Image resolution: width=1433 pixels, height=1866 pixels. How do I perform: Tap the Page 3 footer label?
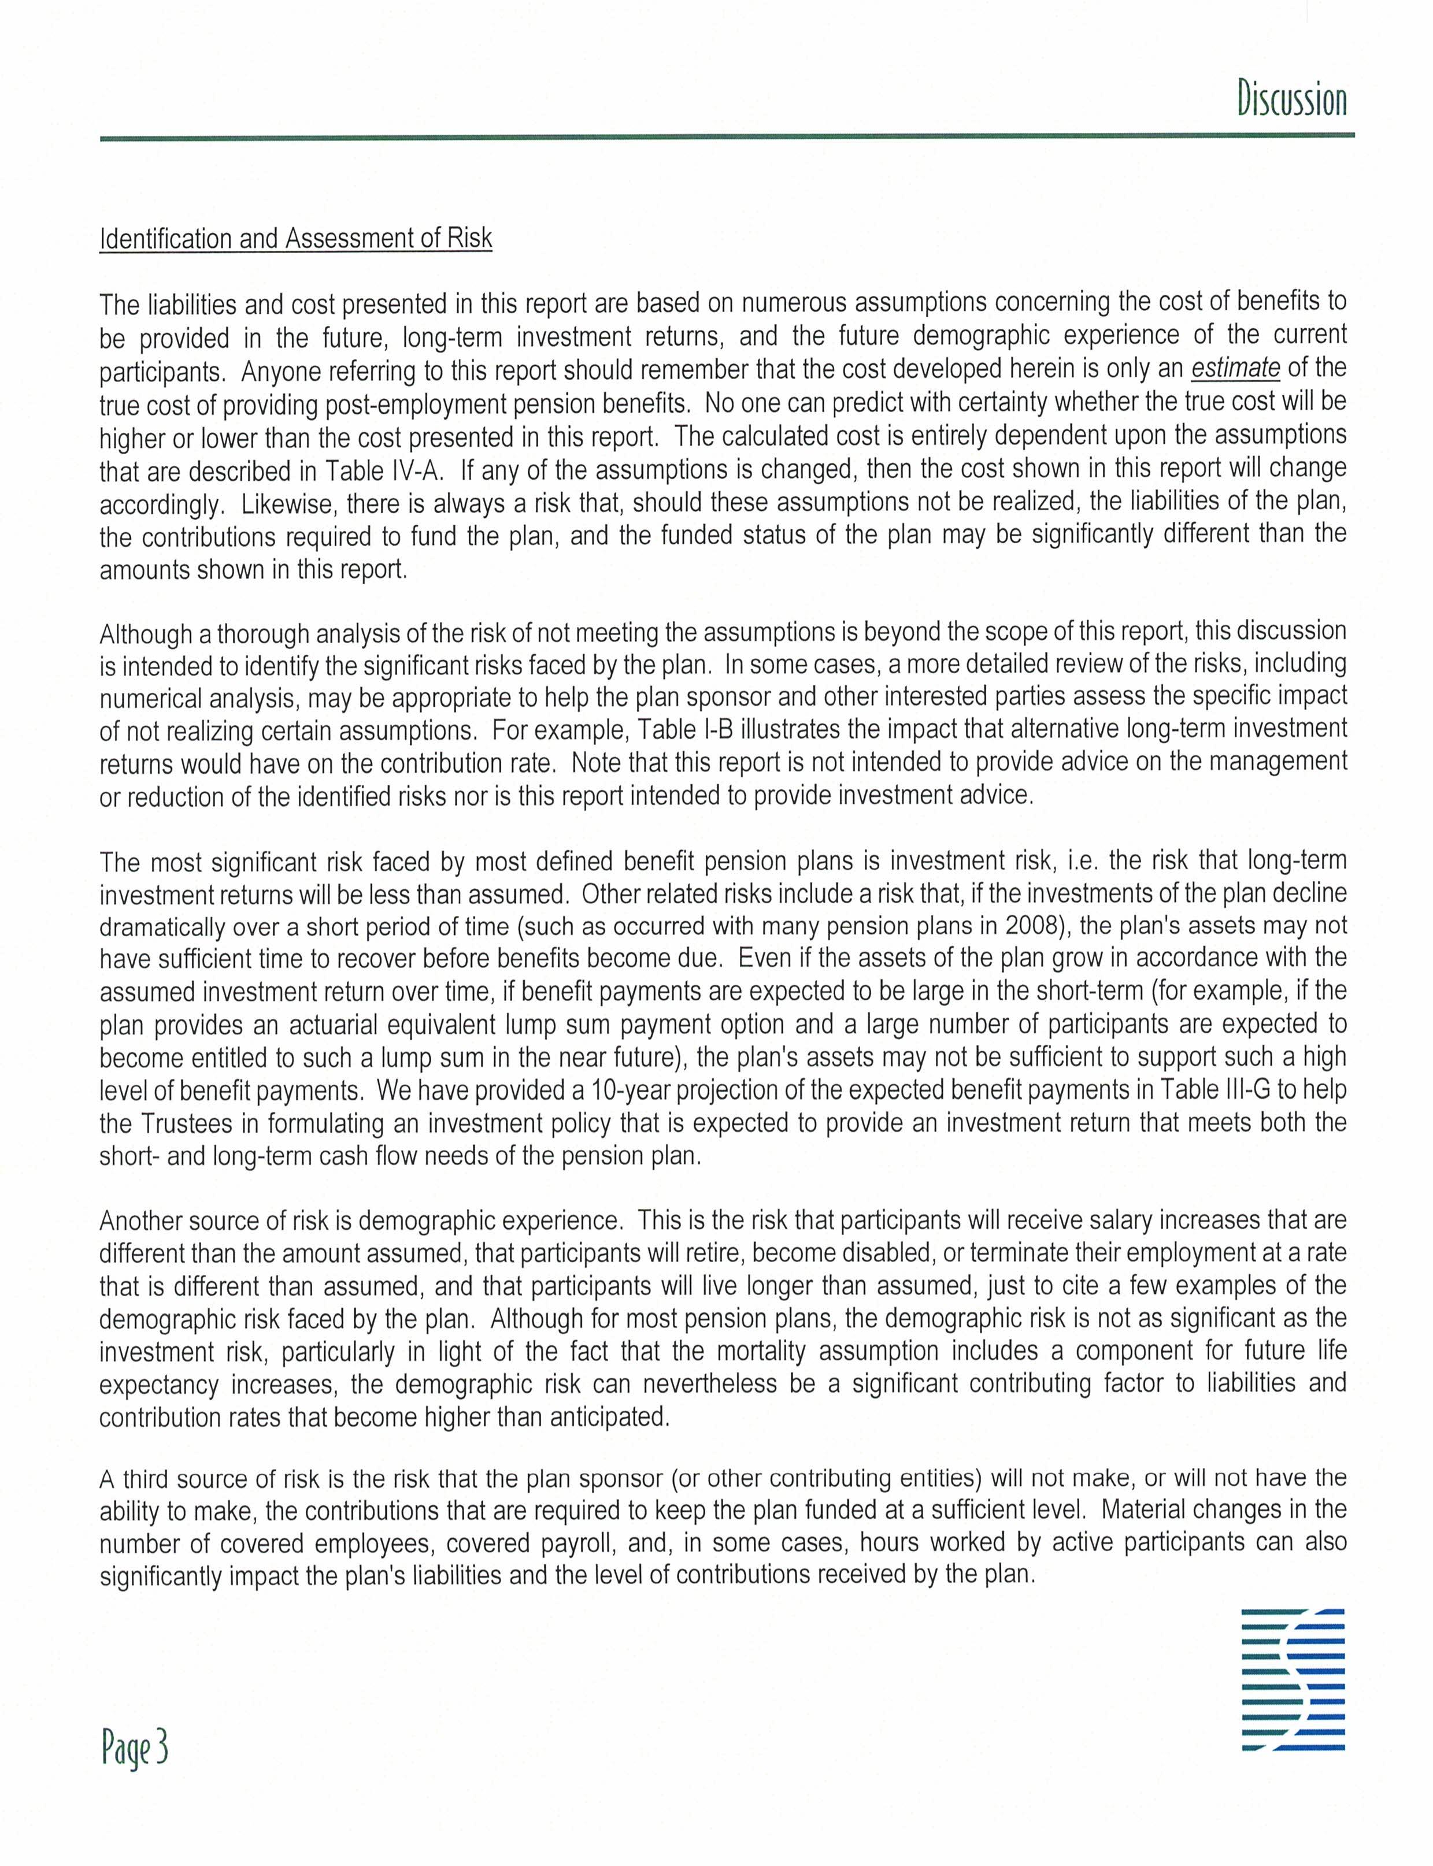pos(135,1748)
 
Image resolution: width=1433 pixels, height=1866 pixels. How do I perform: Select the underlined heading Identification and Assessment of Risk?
pos(296,238)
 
